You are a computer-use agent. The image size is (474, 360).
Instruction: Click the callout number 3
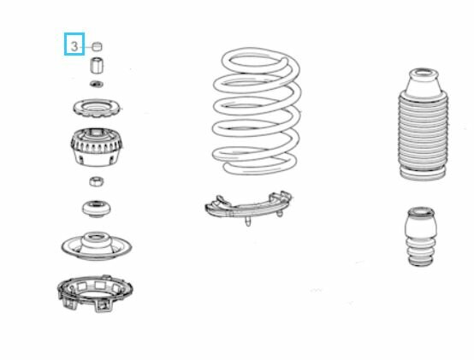(74, 46)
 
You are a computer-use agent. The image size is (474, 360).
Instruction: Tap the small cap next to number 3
(97, 46)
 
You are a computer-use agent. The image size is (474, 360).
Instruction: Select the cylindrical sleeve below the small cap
(97, 65)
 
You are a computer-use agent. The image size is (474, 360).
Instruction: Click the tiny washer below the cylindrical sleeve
(97, 84)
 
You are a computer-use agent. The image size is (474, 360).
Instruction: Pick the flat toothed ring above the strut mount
(97, 109)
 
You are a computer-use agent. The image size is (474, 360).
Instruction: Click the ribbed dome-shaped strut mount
(97, 147)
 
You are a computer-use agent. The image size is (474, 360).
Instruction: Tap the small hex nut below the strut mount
(97, 181)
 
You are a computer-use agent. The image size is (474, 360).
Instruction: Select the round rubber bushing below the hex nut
(97, 209)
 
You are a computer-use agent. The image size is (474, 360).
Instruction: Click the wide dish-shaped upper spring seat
(97, 246)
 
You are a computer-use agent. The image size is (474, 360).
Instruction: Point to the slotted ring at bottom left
(95, 293)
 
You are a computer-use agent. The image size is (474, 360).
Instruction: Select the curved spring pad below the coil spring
(248, 208)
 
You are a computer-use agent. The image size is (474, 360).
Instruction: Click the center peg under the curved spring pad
(248, 221)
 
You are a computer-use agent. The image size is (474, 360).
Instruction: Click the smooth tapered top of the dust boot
(423, 83)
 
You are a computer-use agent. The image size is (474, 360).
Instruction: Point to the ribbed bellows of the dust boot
(423, 133)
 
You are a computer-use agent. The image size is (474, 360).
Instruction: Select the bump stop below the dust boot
(421, 237)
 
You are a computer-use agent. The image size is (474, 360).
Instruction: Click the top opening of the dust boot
(423, 74)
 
